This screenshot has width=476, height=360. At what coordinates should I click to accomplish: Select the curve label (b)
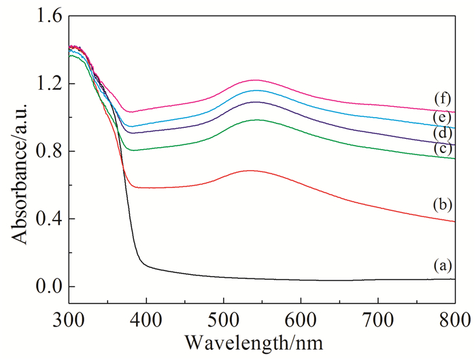point(443,203)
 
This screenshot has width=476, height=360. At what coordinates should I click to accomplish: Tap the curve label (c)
point(443,148)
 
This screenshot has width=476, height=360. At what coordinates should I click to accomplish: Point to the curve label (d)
point(443,133)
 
